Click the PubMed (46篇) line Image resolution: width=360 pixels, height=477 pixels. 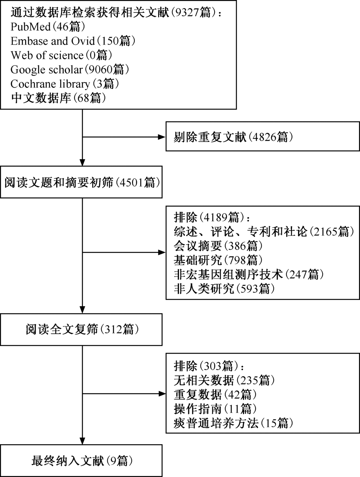[x=48, y=27]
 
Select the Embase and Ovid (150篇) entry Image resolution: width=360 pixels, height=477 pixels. [x=73, y=41]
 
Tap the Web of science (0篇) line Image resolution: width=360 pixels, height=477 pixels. [x=61, y=55]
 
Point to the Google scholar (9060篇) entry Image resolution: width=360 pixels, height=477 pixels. [x=70, y=70]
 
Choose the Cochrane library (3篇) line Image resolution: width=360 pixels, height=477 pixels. [x=65, y=84]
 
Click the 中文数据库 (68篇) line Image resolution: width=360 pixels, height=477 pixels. [x=58, y=98]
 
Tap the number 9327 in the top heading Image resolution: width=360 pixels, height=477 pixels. [x=187, y=13]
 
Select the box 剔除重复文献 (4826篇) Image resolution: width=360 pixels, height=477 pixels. [x=262, y=136]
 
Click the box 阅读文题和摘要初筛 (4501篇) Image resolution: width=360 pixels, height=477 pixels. [x=81, y=182]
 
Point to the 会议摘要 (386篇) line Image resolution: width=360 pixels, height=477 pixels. [x=218, y=246]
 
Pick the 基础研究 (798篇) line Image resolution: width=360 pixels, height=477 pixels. [x=218, y=260]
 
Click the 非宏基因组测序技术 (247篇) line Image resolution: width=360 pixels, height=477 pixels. [x=249, y=274]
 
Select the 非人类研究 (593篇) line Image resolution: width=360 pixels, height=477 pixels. [x=224, y=289]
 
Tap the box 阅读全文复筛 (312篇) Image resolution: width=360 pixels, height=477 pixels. [x=81, y=330]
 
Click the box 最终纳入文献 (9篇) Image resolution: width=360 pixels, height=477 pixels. [x=81, y=461]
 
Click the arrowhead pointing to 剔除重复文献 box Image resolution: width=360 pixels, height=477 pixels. [x=162, y=137]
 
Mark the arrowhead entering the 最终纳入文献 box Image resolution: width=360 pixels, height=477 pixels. [x=82, y=441]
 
